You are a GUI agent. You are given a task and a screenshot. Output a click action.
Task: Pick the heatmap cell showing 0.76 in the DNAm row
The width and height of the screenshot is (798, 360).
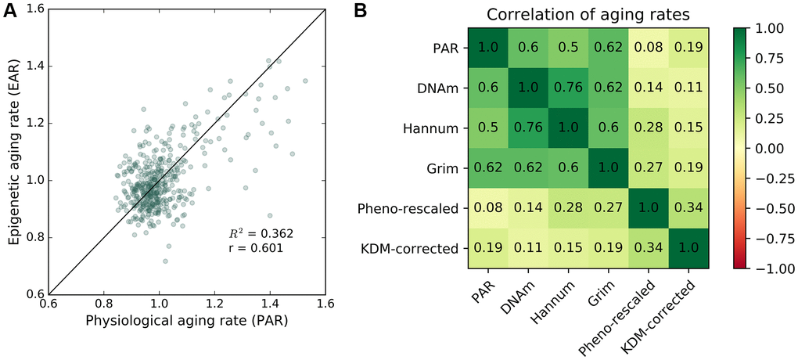[569, 88]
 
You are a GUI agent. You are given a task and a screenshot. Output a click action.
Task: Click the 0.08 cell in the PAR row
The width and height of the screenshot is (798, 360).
[649, 49]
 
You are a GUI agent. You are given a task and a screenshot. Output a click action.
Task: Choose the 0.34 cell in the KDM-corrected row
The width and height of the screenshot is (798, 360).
[649, 248]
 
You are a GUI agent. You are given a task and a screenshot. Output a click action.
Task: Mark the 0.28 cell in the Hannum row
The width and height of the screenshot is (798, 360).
[649, 128]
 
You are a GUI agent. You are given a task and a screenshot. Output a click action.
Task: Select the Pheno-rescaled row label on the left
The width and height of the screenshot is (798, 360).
[420, 208]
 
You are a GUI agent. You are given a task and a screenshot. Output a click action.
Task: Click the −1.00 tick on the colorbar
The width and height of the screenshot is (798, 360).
[771, 268]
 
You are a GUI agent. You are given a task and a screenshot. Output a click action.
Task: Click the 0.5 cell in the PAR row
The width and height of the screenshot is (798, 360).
[569, 49]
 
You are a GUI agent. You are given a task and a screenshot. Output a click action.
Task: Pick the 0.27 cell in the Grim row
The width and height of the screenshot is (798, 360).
[649, 168]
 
